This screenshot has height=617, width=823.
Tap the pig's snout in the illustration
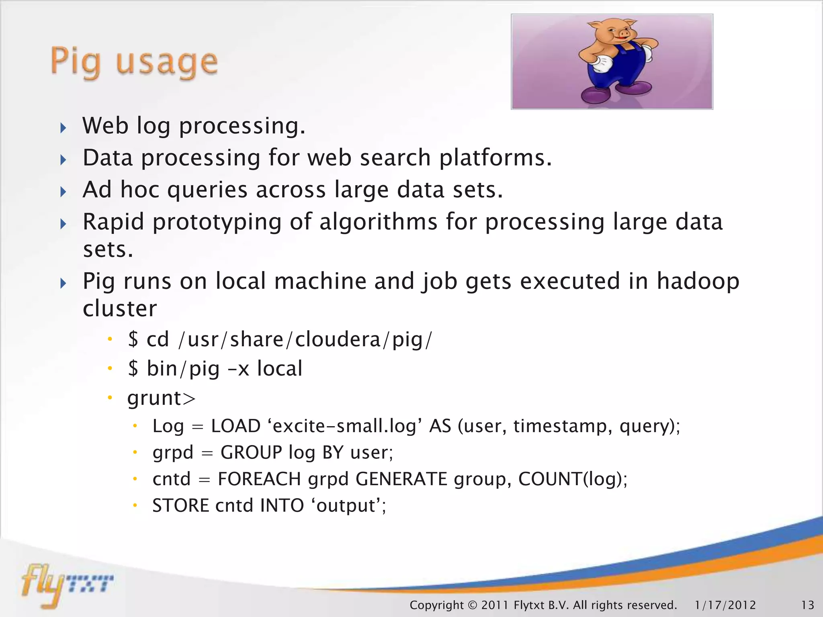623,35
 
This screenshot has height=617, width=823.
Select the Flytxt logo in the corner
66,584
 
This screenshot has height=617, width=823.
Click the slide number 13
807,605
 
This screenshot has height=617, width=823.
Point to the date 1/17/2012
725,605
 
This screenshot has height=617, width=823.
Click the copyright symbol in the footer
472,605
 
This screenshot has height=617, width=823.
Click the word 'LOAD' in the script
235,426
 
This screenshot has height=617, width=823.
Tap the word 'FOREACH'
259,479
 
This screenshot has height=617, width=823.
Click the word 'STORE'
180,506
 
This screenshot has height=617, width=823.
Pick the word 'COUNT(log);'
573,479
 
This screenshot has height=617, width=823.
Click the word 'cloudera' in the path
338,340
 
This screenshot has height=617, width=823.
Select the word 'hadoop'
698,281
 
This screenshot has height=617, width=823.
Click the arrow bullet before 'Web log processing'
63,128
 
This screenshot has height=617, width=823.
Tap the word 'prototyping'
217,222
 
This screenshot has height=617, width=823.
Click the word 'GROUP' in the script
251,453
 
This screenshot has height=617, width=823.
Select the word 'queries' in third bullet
207,190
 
